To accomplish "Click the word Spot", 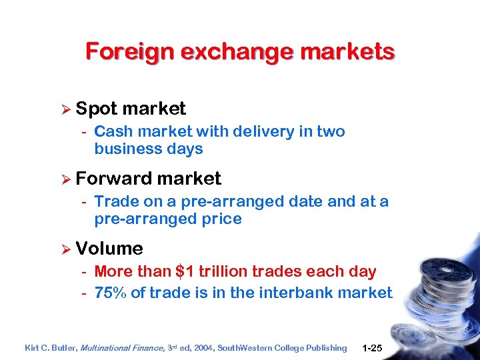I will (x=97, y=109).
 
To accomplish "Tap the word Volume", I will (x=109, y=249).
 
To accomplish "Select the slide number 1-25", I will (x=373, y=348).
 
